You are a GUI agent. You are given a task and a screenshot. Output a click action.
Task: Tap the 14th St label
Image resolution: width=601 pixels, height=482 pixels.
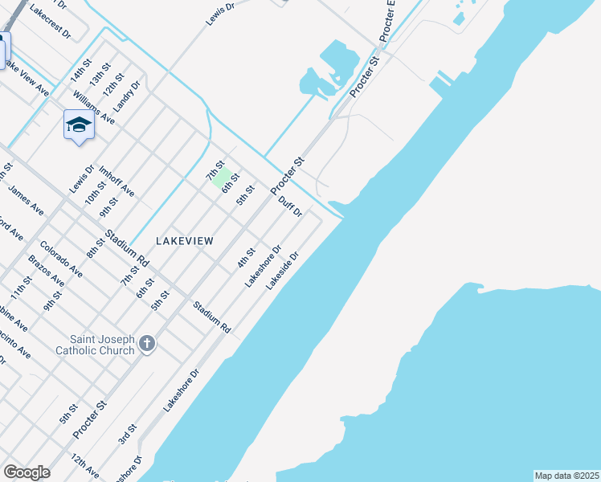[x=81, y=69]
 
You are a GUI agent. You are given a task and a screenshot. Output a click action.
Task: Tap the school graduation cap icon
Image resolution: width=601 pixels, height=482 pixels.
[x=78, y=125]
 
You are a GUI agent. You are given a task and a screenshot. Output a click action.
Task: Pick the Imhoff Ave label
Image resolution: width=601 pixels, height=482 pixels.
[x=116, y=182]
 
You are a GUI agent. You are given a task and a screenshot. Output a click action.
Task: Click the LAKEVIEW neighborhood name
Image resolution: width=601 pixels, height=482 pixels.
[x=184, y=241]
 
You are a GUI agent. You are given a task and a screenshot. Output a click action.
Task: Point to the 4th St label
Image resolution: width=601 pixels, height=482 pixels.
[x=245, y=258]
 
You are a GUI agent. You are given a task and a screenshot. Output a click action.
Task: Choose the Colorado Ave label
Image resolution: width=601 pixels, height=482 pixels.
[x=61, y=259]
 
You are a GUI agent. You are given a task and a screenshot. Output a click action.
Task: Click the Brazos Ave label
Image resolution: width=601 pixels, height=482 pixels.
[x=46, y=272]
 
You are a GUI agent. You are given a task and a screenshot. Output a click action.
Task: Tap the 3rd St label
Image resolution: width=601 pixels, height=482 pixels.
[x=127, y=435]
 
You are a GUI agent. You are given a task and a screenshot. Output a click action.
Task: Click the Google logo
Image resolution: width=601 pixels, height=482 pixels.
[x=27, y=472]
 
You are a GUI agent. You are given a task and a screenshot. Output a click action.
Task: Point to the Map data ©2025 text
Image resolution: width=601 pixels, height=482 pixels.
[x=566, y=476]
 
